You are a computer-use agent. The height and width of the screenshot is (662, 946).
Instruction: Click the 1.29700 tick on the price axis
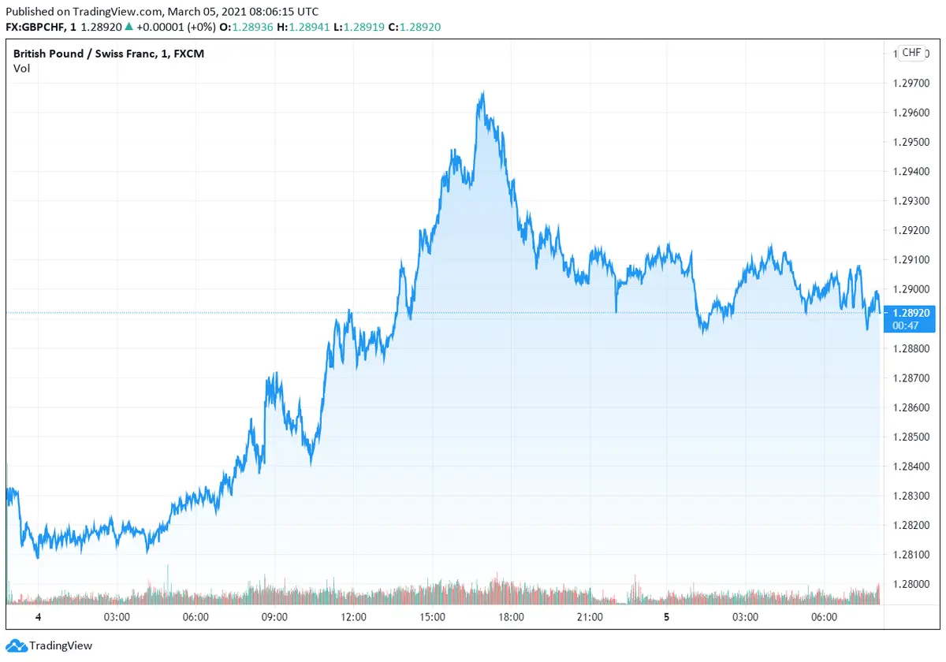pos(911,83)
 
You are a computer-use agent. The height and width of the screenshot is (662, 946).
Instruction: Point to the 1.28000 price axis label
pos(911,584)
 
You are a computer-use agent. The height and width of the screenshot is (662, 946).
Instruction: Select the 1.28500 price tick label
pos(911,437)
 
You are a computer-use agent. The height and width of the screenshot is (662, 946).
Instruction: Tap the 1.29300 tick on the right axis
pos(911,201)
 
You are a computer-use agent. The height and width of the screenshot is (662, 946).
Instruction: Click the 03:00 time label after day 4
pos(117,617)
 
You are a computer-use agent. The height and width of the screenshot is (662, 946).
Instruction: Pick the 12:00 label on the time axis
pos(353,617)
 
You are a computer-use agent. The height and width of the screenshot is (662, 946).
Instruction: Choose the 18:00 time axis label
pos(511,617)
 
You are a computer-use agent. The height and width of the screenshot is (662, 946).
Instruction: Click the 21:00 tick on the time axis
pos(590,617)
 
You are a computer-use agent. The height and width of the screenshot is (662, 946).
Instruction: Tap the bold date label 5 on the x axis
pos(667,617)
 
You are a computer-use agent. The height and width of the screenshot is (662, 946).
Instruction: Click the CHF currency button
pos(911,53)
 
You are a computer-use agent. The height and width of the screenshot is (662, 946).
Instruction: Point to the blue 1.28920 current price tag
pos(911,313)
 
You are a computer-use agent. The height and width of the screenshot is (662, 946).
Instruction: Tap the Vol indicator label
pos(21,69)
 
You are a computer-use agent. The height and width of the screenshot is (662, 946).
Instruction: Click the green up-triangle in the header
pos(128,27)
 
